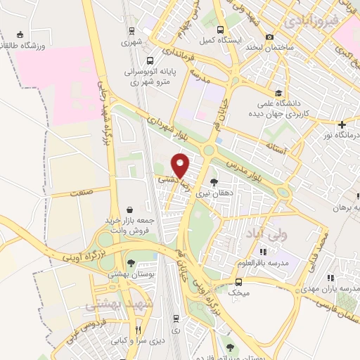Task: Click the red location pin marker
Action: pyautogui.click(x=181, y=165)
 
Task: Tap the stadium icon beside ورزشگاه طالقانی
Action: pyautogui.click(x=19, y=34)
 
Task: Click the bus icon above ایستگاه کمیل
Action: pyautogui.click(x=221, y=30)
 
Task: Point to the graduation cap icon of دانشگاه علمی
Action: pyautogui.click(x=278, y=93)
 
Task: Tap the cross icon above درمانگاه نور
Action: pyautogui.click(x=342, y=124)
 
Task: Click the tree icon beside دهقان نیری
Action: pyautogui.click(x=224, y=182)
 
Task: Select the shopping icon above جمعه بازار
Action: pyautogui.click(x=131, y=209)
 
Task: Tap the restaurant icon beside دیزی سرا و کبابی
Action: pyautogui.click(x=139, y=329)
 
